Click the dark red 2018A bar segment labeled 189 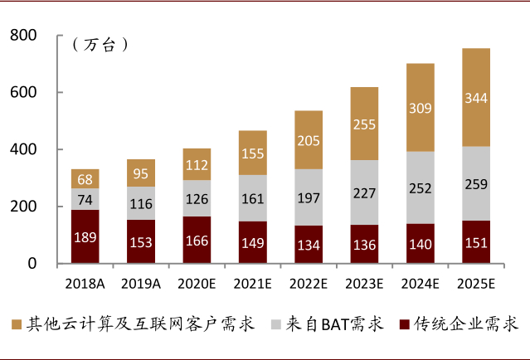(x=85, y=236)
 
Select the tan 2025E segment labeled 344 (x=476, y=98)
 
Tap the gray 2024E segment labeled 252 (x=420, y=187)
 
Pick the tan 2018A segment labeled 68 (x=85, y=179)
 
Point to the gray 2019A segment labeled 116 (x=140, y=203)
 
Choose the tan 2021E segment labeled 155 (x=252, y=153)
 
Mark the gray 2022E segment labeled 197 (x=308, y=197)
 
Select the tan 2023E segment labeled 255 (x=363, y=124)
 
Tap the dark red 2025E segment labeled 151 (x=476, y=242)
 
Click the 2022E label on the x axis (x=308, y=284)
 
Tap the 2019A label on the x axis (x=140, y=284)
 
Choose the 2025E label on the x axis (x=476, y=284)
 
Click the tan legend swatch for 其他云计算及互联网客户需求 (x=17, y=323)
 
